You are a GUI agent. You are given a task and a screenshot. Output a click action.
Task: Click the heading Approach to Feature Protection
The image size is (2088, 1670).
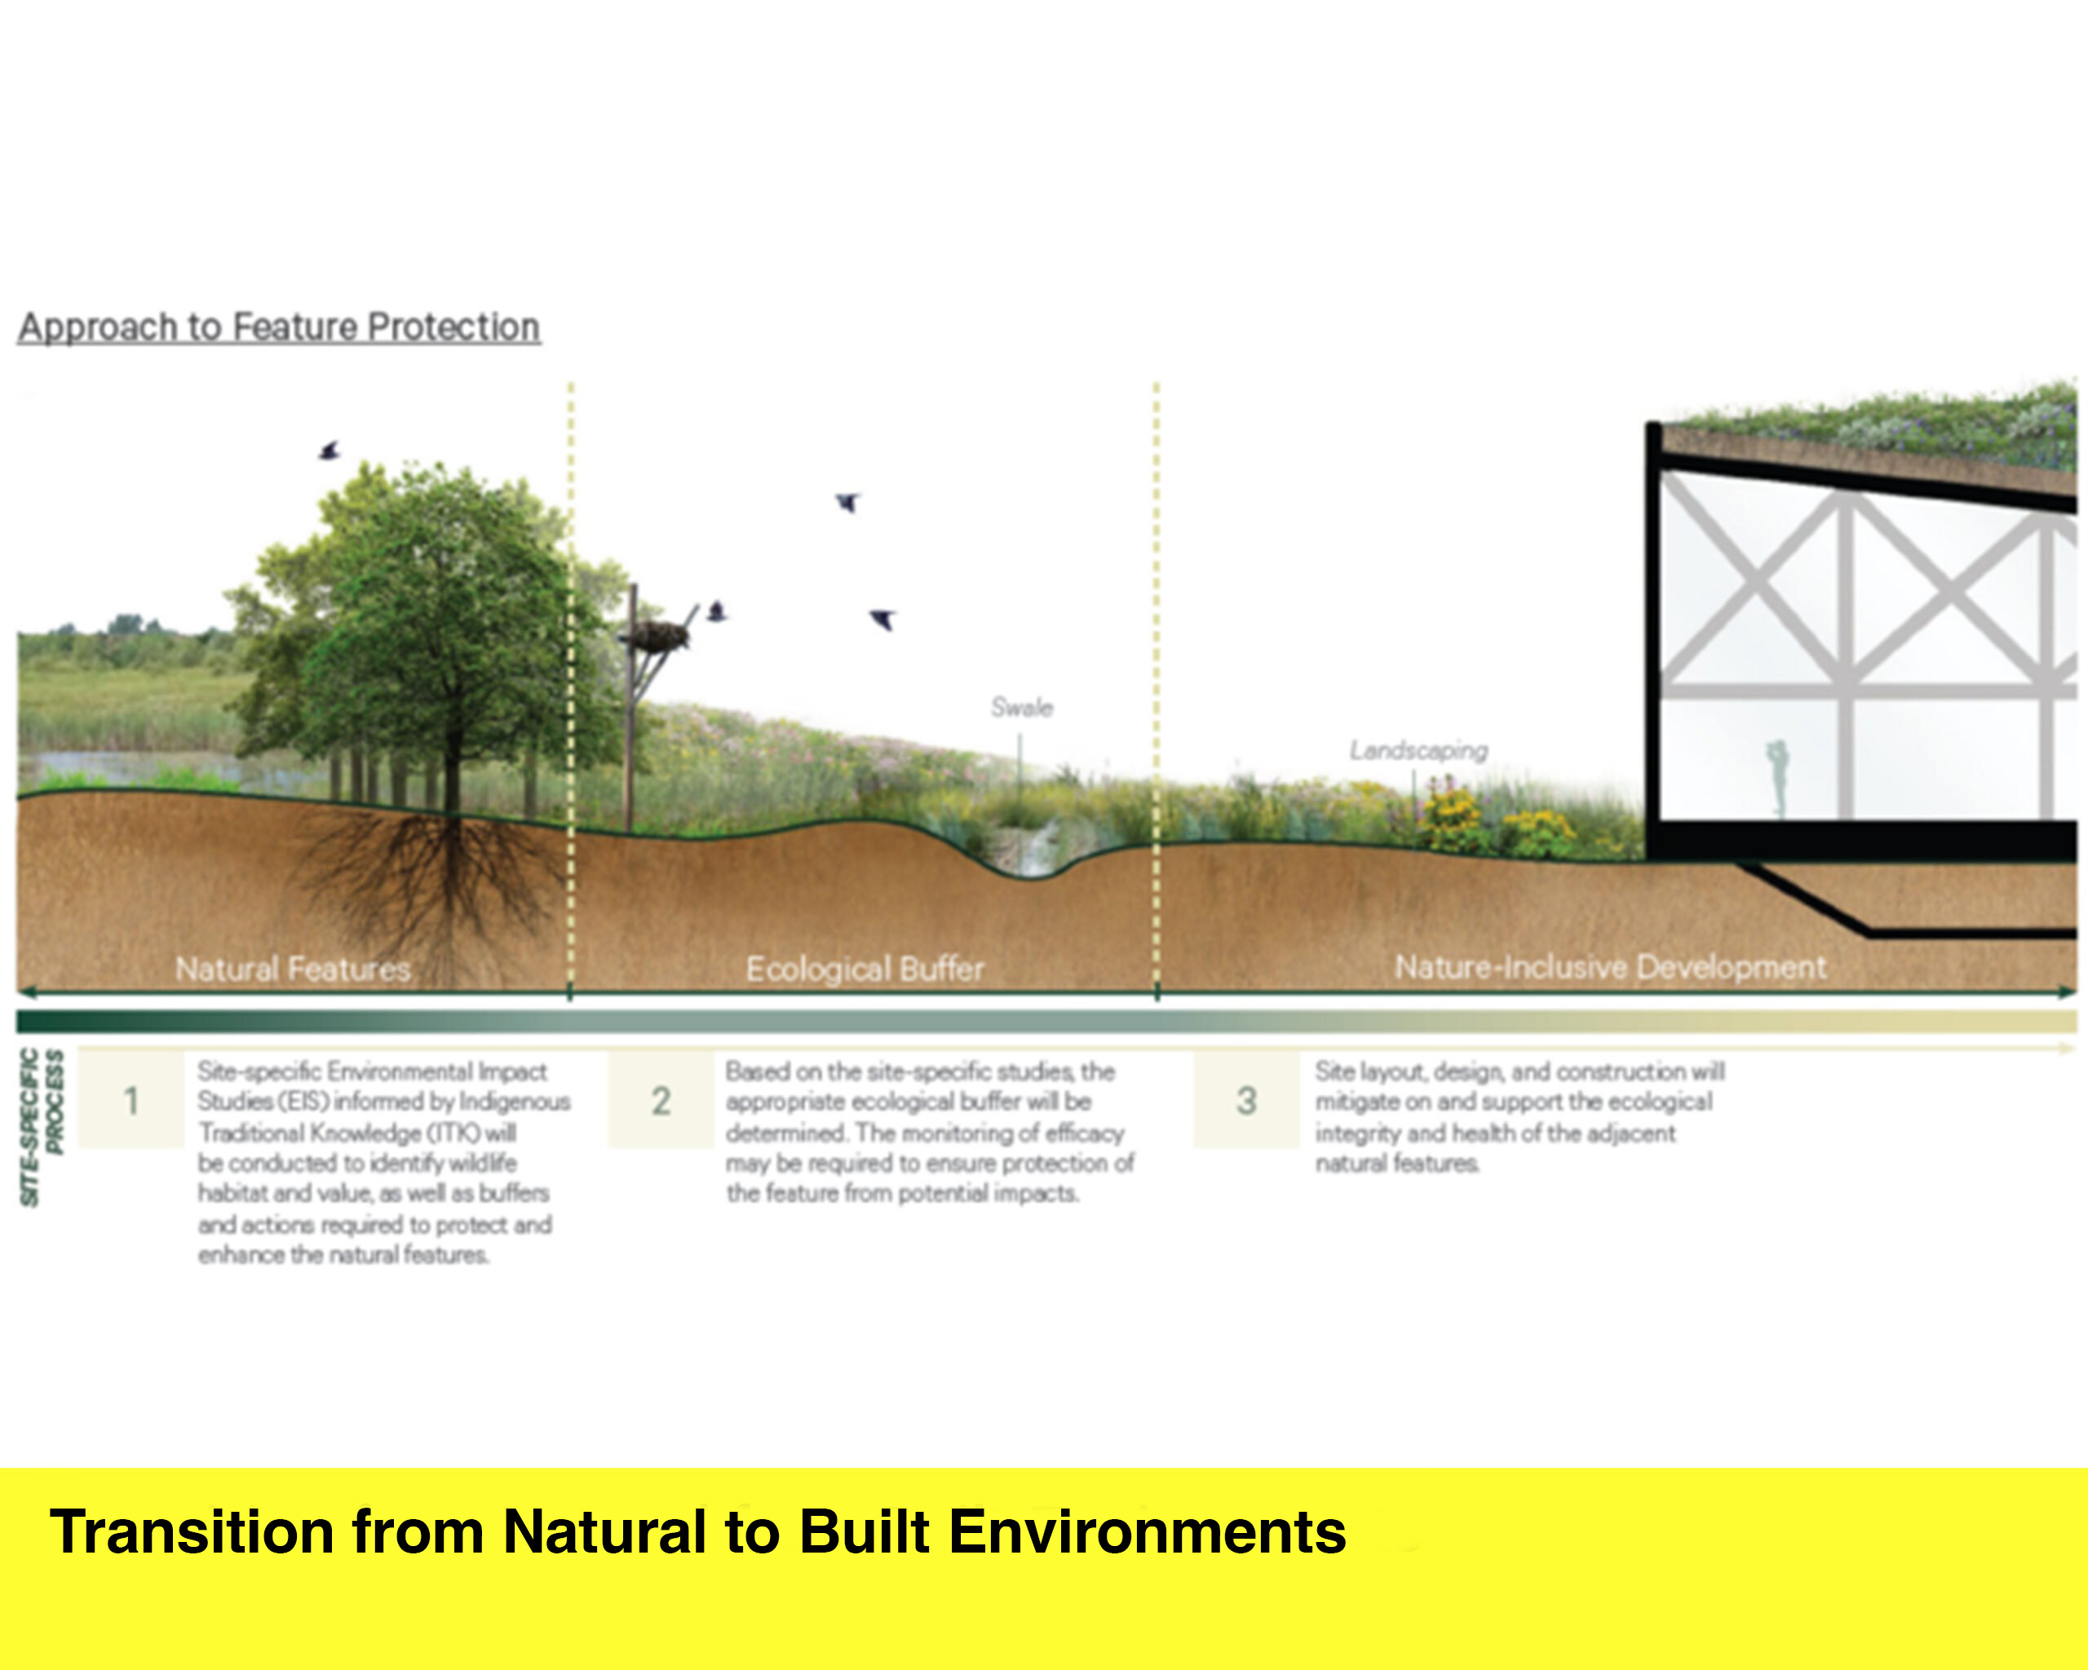279,327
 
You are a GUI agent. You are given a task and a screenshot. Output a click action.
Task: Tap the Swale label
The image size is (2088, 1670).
1022,708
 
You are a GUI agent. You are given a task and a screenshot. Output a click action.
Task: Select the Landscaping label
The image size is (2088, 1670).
1419,750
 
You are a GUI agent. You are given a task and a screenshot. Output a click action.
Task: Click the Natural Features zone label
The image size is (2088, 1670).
293,968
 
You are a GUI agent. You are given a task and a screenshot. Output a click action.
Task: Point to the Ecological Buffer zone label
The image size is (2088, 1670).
865,968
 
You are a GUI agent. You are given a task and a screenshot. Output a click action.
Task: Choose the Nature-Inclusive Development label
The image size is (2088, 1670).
1611,966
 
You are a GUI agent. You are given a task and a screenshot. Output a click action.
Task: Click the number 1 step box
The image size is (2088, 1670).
130,1101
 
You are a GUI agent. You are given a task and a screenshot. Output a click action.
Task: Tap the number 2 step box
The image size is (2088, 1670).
661,1101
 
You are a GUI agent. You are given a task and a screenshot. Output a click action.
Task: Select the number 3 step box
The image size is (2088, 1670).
1246,1101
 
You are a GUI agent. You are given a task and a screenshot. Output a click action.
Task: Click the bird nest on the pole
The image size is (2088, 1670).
656,636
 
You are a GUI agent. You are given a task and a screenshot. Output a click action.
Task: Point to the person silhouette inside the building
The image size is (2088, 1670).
1777,777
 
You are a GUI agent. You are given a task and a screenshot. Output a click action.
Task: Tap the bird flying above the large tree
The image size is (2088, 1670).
330,450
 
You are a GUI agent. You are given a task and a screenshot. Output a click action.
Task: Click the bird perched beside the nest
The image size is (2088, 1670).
717,611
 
